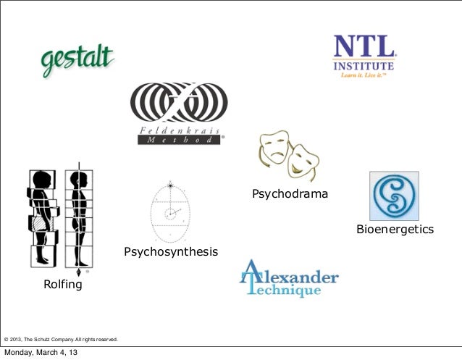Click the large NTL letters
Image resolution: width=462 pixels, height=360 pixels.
364,48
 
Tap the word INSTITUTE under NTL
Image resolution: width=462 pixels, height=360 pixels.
364,65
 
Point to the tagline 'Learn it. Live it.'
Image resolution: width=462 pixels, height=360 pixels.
364,74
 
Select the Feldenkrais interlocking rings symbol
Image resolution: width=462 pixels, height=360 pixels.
178,104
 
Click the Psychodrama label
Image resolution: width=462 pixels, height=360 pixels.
290,194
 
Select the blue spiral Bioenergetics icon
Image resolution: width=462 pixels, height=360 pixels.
394,196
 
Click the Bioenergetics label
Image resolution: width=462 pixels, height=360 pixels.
395,230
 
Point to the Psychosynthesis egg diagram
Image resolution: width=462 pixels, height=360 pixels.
171,212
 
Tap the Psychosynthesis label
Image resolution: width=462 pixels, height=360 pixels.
171,252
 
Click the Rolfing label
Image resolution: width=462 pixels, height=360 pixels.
63,285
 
